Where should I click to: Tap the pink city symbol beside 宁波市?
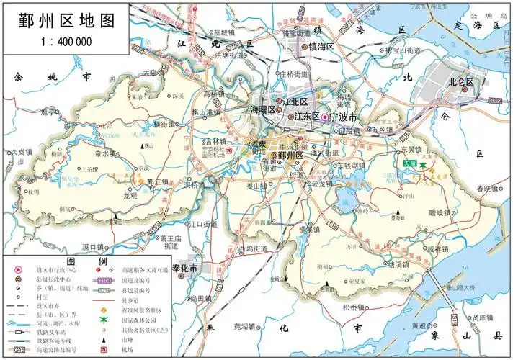[x=324, y=117]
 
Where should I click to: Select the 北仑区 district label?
[x=461, y=82]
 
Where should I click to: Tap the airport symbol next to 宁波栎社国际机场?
[x=229, y=153]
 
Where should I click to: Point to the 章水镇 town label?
[x=105, y=154]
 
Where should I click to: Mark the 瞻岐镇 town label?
[x=439, y=212]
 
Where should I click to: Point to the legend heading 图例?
[x=86, y=260]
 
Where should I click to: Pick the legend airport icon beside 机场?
[x=103, y=349]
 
